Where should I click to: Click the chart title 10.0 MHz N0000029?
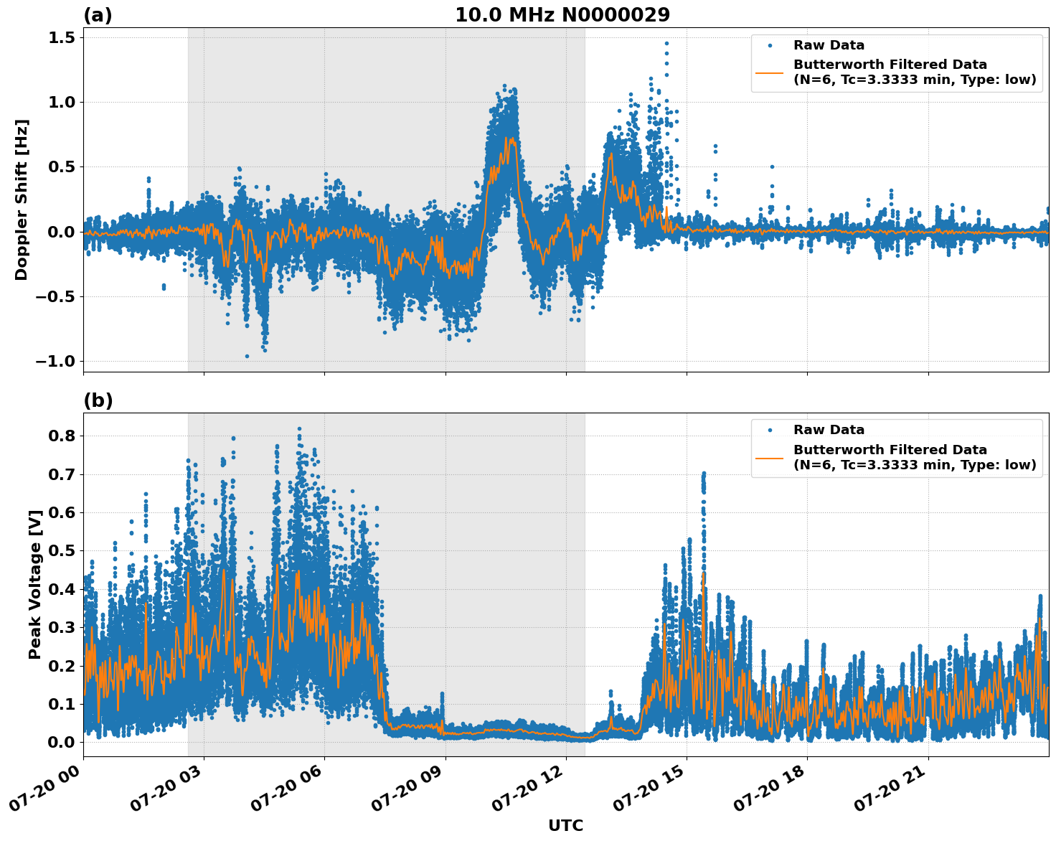point(562,14)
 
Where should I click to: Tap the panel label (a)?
point(98,15)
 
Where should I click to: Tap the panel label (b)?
point(98,400)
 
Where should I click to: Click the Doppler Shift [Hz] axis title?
point(22,199)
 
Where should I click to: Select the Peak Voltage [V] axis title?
point(34,584)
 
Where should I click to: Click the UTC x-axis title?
point(565,825)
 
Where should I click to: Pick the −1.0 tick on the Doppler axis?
point(55,361)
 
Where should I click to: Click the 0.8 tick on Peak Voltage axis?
point(61,436)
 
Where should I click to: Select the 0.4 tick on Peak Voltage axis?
point(61,589)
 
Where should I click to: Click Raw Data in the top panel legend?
point(829,45)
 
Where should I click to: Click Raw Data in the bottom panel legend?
point(829,430)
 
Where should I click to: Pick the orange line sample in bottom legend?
point(770,457)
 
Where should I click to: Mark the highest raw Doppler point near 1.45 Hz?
point(666,44)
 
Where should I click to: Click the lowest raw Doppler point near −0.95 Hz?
point(247,356)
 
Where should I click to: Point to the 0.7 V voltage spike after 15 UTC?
point(704,474)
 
